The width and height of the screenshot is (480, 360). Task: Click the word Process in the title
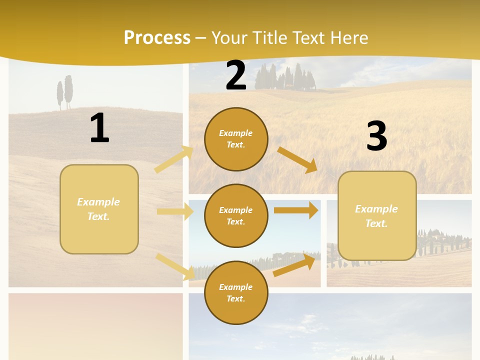tap(157, 38)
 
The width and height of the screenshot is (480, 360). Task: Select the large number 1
tap(99, 128)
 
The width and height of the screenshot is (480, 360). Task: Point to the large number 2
tap(236, 75)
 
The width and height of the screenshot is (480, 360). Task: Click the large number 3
tap(376, 136)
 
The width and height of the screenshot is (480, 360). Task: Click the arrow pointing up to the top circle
tap(174, 159)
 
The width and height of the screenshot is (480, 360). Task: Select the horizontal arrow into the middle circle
tap(175, 211)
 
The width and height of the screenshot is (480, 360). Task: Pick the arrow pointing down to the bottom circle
tap(175, 266)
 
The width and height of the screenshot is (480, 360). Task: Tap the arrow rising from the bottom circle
tap(294, 264)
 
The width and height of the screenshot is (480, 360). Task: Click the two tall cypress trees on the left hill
tap(64, 92)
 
